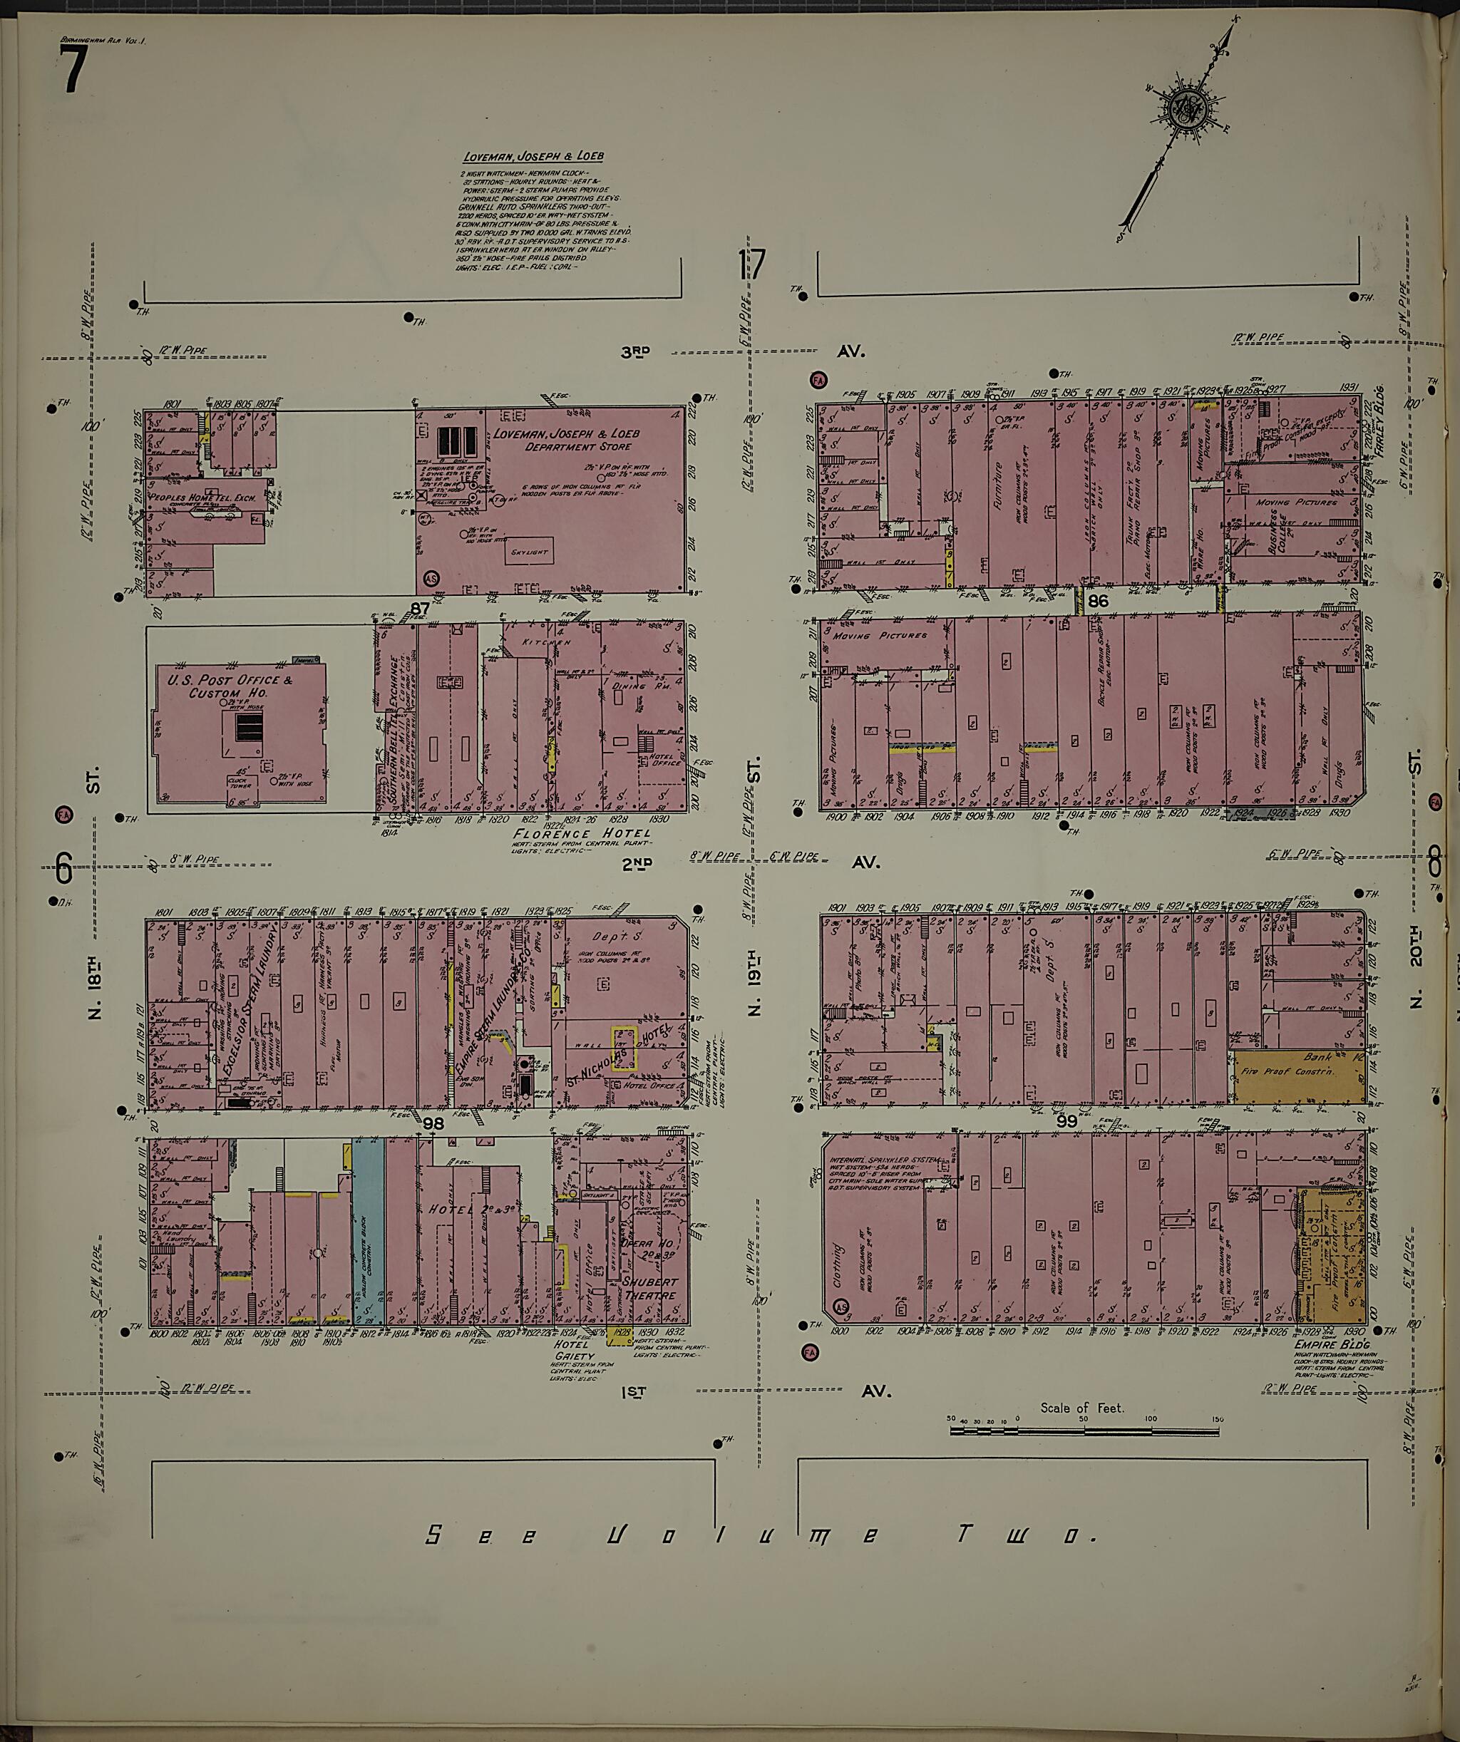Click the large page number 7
(73, 71)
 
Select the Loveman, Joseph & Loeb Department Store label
(566, 440)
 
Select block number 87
(420, 609)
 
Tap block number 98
(433, 1123)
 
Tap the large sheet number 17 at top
(751, 267)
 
